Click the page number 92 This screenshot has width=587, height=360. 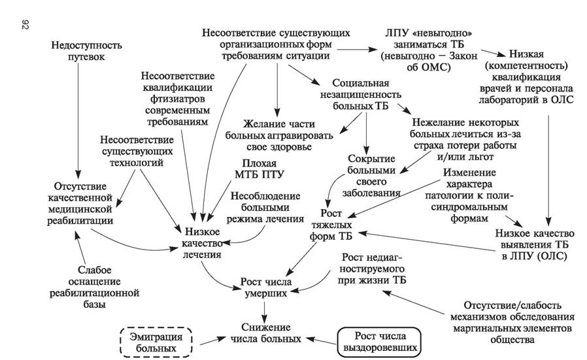[25, 25]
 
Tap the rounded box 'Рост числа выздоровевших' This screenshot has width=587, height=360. [380, 342]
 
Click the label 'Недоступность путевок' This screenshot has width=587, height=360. [86, 51]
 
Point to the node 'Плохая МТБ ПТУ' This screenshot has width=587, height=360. [259, 169]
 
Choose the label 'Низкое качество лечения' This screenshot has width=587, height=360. [201, 243]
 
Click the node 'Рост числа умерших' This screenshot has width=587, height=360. [266, 287]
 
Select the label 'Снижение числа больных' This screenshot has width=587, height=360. [266, 333]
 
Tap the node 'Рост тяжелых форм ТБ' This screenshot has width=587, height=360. [331, 225]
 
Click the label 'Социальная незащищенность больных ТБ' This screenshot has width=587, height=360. [361, 94]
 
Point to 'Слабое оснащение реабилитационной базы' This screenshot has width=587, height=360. [94, 287]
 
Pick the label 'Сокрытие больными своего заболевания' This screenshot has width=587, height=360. [371, 176]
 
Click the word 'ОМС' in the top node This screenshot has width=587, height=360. [437, 67]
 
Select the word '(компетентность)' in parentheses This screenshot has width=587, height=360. [526, 65]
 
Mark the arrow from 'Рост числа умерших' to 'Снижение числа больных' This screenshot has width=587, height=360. [265, 310]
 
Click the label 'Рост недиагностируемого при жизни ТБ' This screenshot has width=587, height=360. [371, 269]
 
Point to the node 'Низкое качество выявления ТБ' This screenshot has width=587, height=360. [535, 244]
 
